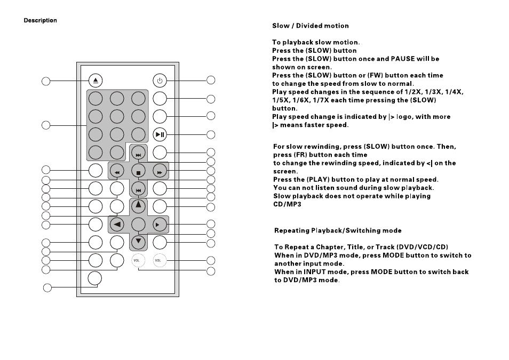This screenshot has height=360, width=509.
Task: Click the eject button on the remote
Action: coord(96,81)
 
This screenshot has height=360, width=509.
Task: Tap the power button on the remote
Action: coord(160,81)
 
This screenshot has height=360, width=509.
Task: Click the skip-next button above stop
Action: coord(138,154)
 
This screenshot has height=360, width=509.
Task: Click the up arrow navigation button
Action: coord(138,206)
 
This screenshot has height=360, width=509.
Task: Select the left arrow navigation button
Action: coord(117,225)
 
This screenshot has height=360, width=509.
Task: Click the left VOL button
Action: coord(138,260)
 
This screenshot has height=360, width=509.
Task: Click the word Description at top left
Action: coord(40,20)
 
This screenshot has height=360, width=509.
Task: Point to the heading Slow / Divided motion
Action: coord(311,26)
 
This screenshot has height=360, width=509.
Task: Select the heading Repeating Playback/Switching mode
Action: coord(338,230)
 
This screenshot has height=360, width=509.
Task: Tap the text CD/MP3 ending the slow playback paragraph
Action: coord(287,204)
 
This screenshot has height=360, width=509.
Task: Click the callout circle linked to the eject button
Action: coord(46,81)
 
